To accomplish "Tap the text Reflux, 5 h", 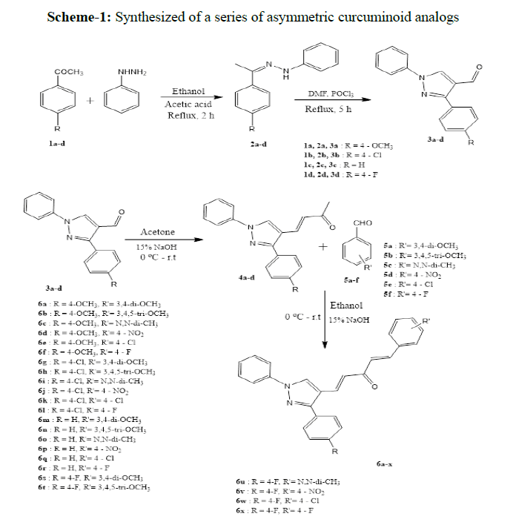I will tap(325, 109).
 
